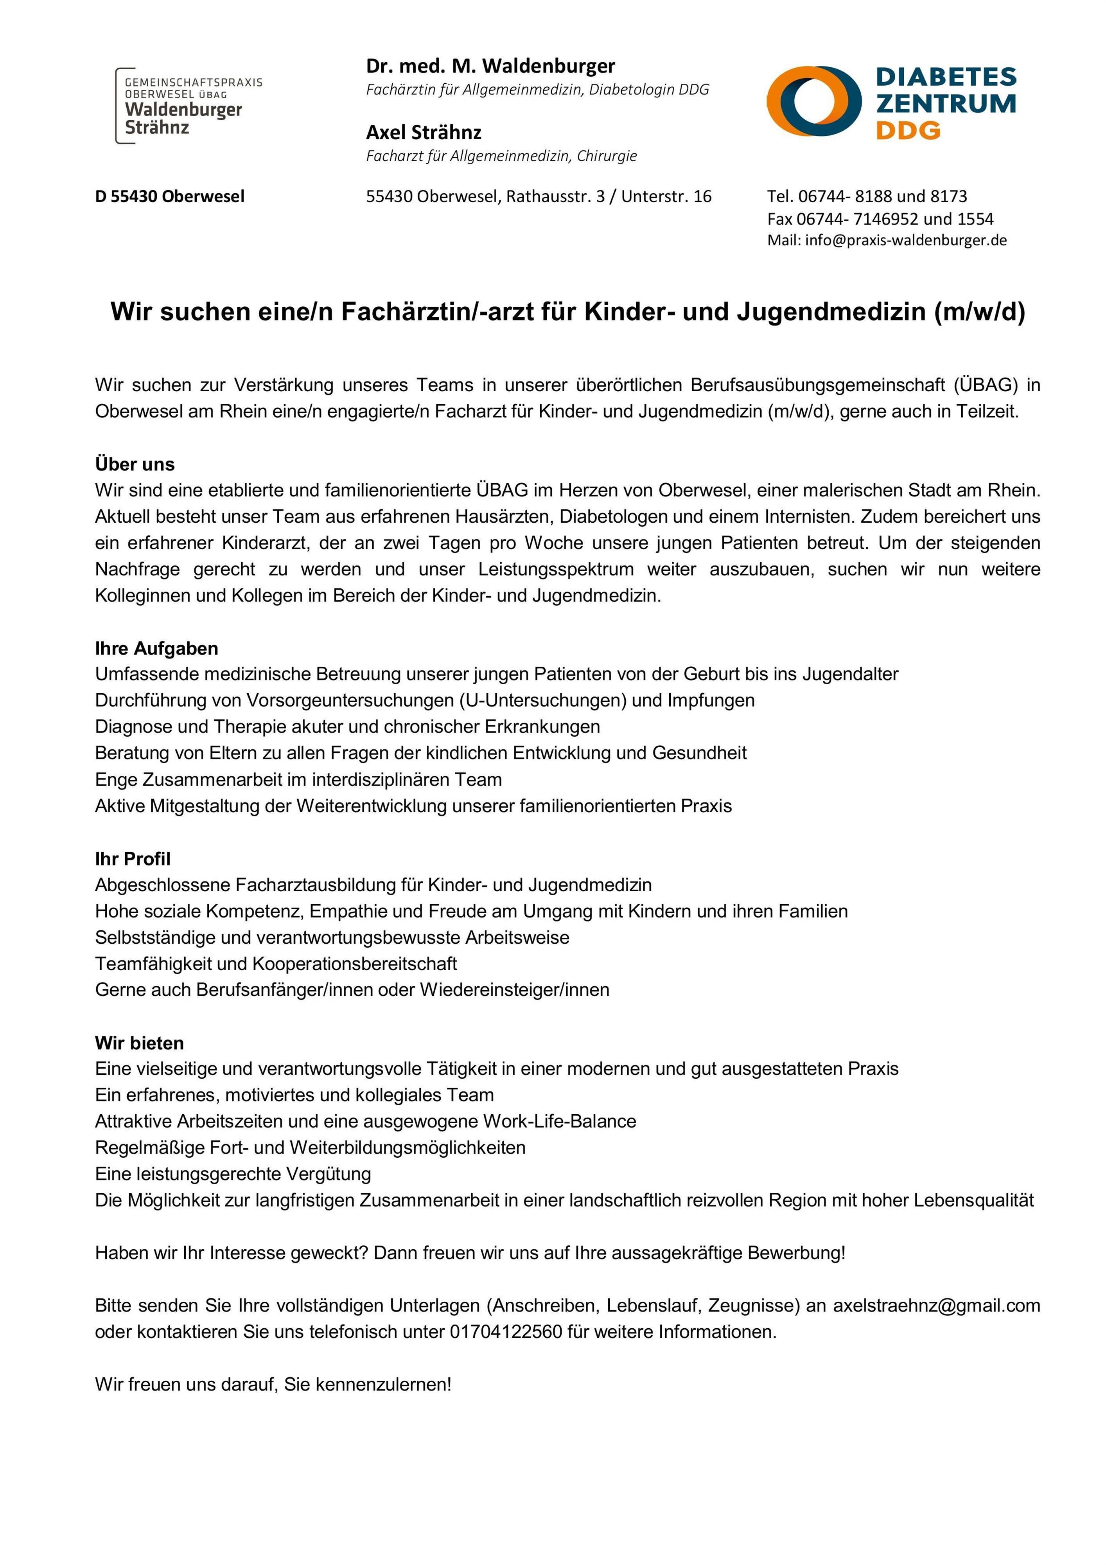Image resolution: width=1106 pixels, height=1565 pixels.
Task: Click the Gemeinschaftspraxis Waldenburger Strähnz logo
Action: click(x=187, y=106)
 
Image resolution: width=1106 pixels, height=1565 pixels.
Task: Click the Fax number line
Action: click(x=880, y=219)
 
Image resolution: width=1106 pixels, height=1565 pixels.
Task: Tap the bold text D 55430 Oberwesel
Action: click(x=170, y=196)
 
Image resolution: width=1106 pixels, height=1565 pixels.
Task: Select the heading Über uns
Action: click(x=135, y=464)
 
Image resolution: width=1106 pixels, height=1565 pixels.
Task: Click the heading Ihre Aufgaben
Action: click(x=157, y=648)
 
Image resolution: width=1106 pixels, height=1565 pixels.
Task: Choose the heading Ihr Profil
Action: click(x=133, y=859)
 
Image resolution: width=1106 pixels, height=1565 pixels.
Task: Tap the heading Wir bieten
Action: click(x=140, y=1043)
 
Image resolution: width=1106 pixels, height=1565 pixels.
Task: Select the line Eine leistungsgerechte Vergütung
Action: click(x=233, y=1174)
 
